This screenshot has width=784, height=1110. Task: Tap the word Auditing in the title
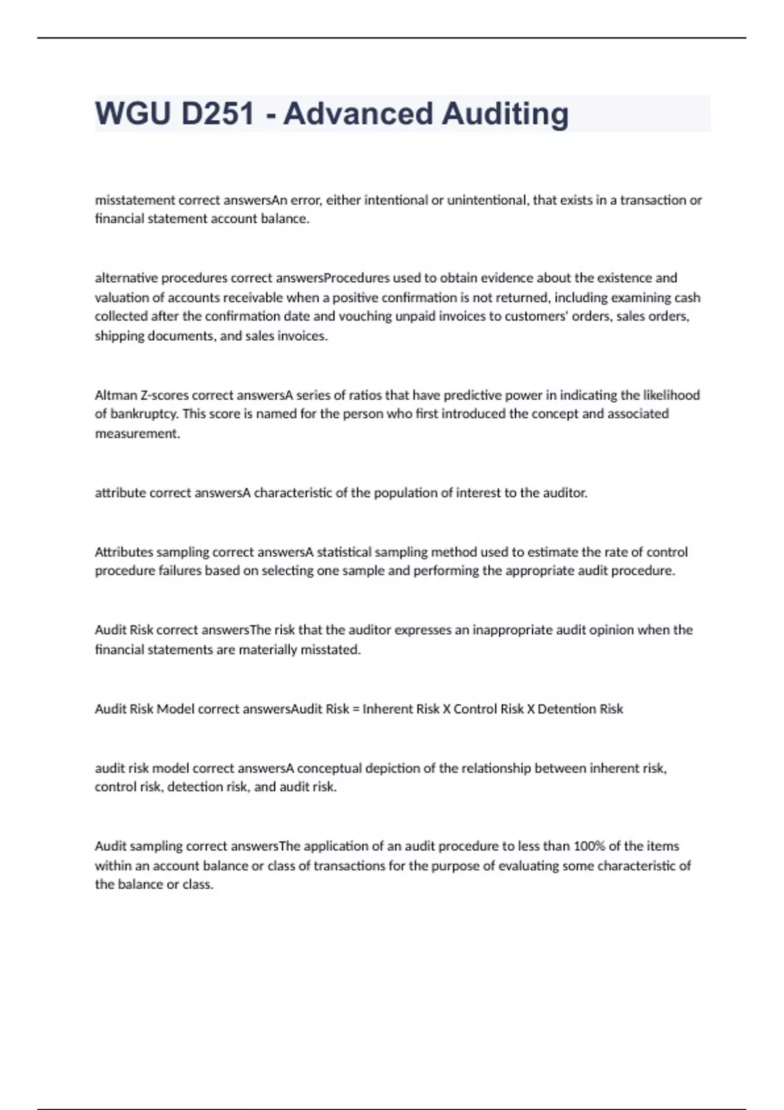[505, 114]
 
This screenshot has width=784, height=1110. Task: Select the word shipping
[120, 336]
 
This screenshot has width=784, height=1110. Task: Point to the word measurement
[137, 434]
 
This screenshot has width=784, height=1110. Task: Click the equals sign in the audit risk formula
[355, 709]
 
